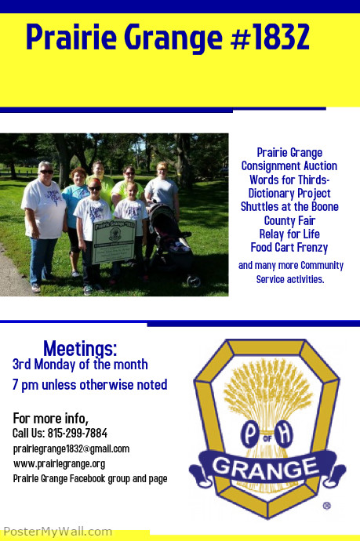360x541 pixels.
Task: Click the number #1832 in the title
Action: (271, 37)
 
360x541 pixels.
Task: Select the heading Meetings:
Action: (80, 348)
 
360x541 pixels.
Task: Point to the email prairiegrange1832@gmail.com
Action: (71, 448)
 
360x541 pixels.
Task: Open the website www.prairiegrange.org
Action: (59, 463)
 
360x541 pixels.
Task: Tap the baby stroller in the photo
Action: (172, 243)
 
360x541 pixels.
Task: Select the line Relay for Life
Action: (289, 233)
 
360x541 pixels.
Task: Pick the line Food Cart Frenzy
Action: (289, 246)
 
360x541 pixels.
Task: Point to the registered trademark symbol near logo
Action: (326, 506)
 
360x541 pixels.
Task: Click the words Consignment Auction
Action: (289, 166)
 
